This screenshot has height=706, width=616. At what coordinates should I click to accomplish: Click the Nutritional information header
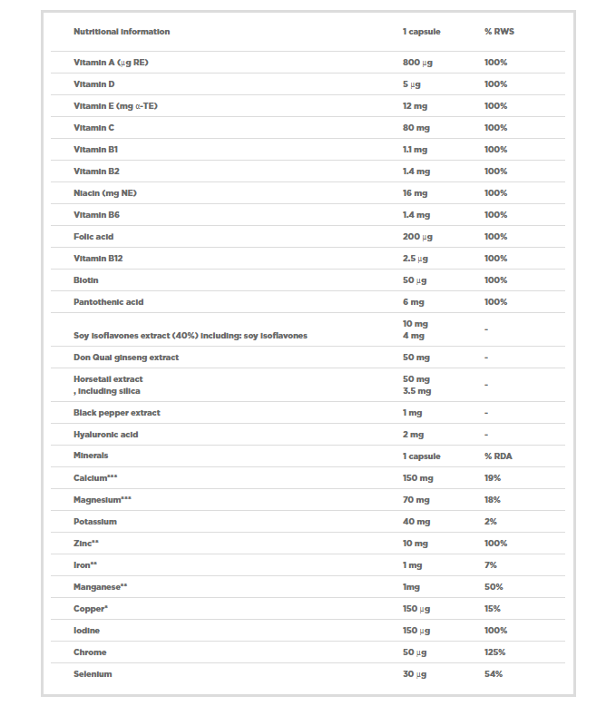[x=122, y=32]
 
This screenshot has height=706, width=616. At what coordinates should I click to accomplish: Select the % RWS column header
[x=500, y=32]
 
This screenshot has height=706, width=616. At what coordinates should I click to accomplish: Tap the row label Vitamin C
[x=94, y=128]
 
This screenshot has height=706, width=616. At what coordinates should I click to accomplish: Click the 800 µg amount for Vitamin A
[x=417, y=63]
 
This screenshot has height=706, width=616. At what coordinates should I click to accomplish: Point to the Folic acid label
[x=93, y=237]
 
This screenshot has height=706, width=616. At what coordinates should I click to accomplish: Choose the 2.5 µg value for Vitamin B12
[x=416, y=259]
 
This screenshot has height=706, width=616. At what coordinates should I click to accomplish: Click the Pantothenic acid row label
[x=109, y=302]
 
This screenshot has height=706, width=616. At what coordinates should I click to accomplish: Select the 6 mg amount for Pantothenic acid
[x=414, y=302]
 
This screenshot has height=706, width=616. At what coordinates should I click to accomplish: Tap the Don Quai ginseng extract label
[x=126, y=358]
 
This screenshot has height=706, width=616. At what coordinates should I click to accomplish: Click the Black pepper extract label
[x=116, y=413]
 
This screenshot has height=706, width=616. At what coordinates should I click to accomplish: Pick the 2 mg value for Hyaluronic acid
[x=414, y=435]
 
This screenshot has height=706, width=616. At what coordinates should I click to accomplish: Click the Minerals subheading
[x=91, y=456]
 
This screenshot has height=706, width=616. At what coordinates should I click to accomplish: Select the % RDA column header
[x=499, y=456]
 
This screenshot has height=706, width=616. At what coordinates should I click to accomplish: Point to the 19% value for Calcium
[x=493, y=478]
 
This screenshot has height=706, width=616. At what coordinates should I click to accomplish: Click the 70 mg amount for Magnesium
[x=416, y=500]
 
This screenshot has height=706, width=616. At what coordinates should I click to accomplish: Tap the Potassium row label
[x=95, y=522]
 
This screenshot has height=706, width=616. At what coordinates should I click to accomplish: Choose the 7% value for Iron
[x=491, y=565]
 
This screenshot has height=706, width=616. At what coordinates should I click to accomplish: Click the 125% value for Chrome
[x=494, y=652]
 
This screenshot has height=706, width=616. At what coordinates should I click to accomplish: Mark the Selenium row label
[x=93, y=674]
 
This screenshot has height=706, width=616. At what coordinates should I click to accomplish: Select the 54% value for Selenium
[x=494, y=674]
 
